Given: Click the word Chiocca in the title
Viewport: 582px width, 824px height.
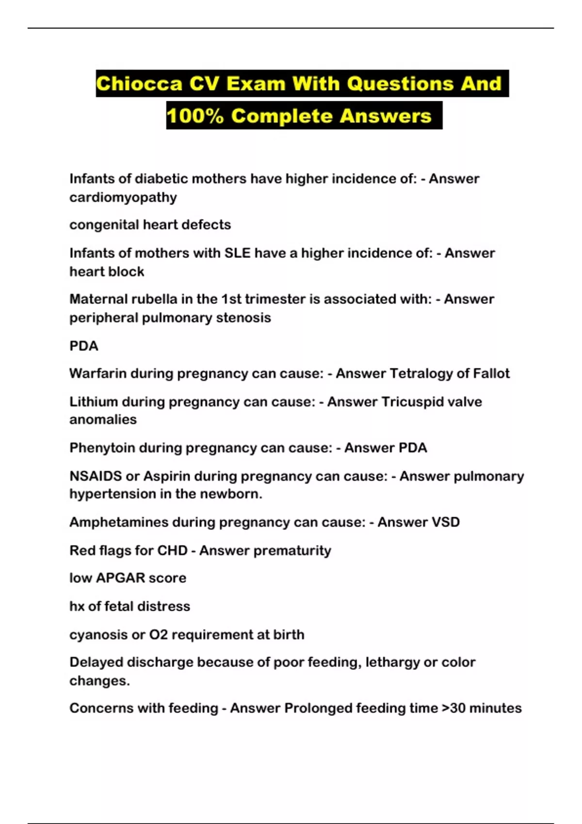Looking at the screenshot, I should pyautogui.click(x=139, y=84).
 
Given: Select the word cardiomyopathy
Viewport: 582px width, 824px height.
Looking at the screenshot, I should pyautogui.click(x=123, y=198).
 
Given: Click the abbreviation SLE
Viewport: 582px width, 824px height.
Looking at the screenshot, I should pyautogui.click(x=237, y=253).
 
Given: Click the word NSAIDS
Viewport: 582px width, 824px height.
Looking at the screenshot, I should pyautogui.click(x=96, y=476).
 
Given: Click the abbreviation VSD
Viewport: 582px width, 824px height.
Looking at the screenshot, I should pyautogui.click(x=445, y=523).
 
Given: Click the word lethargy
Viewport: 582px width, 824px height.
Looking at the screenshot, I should pyautogui.click(x=392, y=663).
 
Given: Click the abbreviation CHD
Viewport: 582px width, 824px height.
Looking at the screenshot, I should pyautogui.click(x=172, y=551).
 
